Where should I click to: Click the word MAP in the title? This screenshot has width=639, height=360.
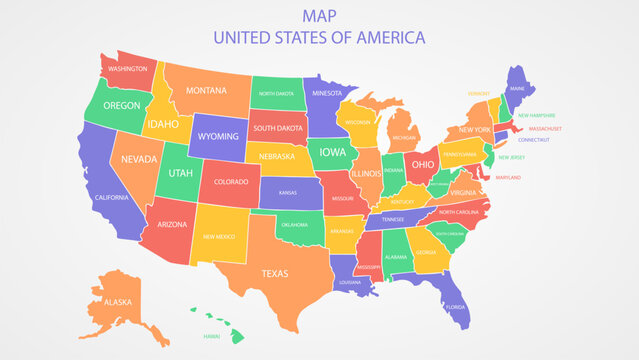click(319, 15)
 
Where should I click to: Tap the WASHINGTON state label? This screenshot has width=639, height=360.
click(128, 69)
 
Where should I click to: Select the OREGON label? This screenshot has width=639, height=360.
click(121, 105)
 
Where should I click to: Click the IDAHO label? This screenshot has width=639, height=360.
click(162, 124)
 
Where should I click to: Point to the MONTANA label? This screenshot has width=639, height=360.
click(206, 91)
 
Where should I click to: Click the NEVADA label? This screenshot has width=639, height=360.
click(140, 159)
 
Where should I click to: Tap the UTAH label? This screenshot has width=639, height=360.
click(180, 173)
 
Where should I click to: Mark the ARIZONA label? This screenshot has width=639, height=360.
click(171, 225)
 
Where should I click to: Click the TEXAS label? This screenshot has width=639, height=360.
click(275, 272)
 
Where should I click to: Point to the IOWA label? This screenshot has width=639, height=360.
click(333, 154)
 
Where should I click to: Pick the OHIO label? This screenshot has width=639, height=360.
click(423, 164)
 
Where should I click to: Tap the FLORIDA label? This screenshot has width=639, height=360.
click(455, 306)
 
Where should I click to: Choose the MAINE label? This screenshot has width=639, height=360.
click(516, 88)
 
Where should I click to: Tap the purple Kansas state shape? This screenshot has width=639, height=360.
click(288, 192)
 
